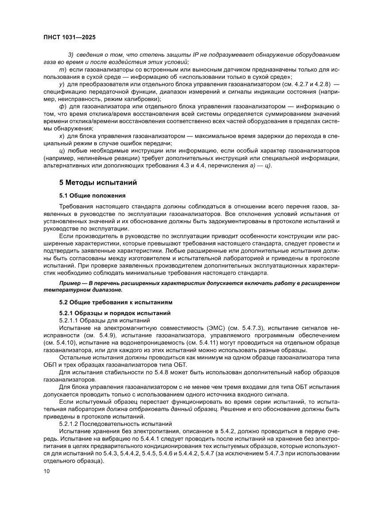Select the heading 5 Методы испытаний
(98, 182)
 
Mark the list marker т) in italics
(62, 70)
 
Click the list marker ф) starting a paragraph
(62, 106)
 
